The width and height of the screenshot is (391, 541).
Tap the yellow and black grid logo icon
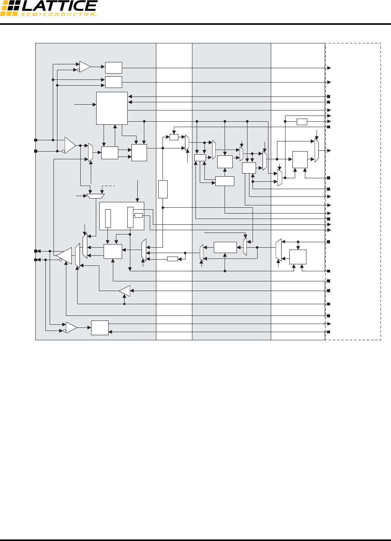coord(9,8)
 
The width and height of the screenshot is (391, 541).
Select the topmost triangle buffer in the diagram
coord(85,67)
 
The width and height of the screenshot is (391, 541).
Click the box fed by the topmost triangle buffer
coord(113,68)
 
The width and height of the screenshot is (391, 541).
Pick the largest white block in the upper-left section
coord(112,108)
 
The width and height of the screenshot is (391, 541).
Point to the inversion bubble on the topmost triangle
coord(78,70)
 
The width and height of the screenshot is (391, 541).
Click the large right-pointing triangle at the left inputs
coord(70,145)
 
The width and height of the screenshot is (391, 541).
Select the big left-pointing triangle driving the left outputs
coord(65,255)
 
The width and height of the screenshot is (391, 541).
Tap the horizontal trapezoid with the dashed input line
coord(95,196)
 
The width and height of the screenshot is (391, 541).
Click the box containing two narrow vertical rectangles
coord(121,216)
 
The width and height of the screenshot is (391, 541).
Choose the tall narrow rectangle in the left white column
coord(163,189)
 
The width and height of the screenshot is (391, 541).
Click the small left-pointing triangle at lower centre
coord(125,291)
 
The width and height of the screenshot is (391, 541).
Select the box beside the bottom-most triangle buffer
coord(100,328)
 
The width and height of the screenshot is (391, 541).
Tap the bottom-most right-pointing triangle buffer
coord(71,328)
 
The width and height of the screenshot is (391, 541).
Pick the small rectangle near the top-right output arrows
coord(302,122)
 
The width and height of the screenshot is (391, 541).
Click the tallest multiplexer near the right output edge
coord(317,150)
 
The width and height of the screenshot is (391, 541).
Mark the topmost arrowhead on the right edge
coord(329,68)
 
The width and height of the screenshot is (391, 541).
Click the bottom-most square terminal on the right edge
coord(329,332)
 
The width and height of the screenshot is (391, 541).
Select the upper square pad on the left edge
coord(36,140)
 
